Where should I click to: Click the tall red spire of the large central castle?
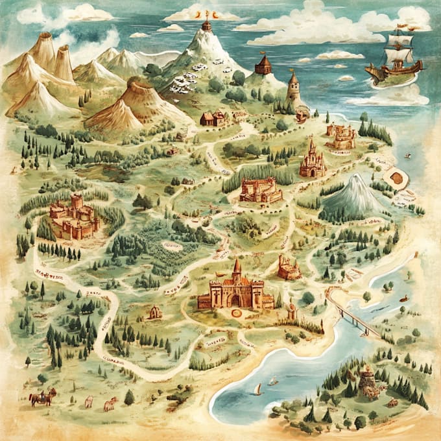coord(237,269)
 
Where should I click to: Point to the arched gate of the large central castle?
coord(235,300)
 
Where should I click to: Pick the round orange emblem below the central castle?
coord(237,313)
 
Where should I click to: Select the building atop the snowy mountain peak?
coord(207,26)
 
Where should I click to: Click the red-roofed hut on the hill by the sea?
coord(263,65)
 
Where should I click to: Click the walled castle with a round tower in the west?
coord(75,216)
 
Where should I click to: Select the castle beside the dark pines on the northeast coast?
coord(340,136)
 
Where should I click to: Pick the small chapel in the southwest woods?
coord(154,313)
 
